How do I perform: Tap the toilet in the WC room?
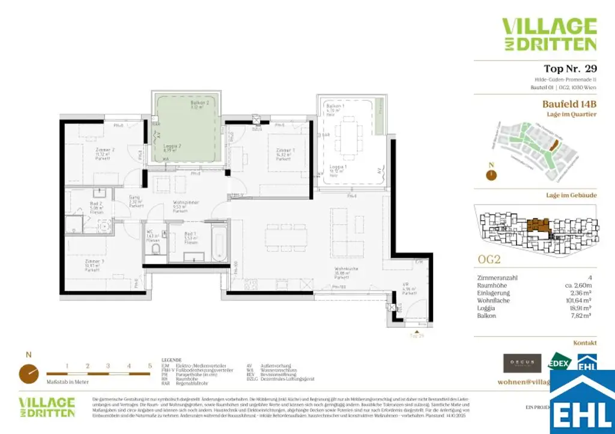tap(156, 250)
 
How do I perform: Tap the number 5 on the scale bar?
tap(150, 365)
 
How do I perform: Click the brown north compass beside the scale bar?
tap(28, 373)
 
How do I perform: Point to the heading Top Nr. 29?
tap(570, 69)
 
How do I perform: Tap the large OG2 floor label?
tap(489, 260)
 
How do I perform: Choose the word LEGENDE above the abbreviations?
tap(172, 360)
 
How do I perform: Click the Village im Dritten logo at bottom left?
tap(47, 407)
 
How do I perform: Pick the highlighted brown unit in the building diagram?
tap(537, 227)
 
